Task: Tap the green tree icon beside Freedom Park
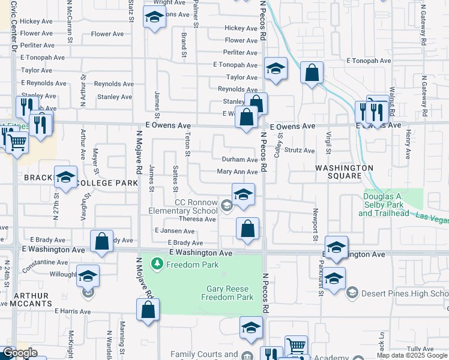[157, 263]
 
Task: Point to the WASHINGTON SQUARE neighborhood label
[342, 172]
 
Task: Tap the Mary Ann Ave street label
[237, 172]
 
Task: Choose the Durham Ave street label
[240, 160]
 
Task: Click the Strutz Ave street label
[300, 151]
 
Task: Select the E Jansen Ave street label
[174, 230]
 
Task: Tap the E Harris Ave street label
[73, 311]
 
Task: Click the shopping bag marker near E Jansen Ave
[247, 229]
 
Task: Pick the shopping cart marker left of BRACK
[17, 143]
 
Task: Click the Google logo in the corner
[20, 353]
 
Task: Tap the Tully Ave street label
[420, 349]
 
